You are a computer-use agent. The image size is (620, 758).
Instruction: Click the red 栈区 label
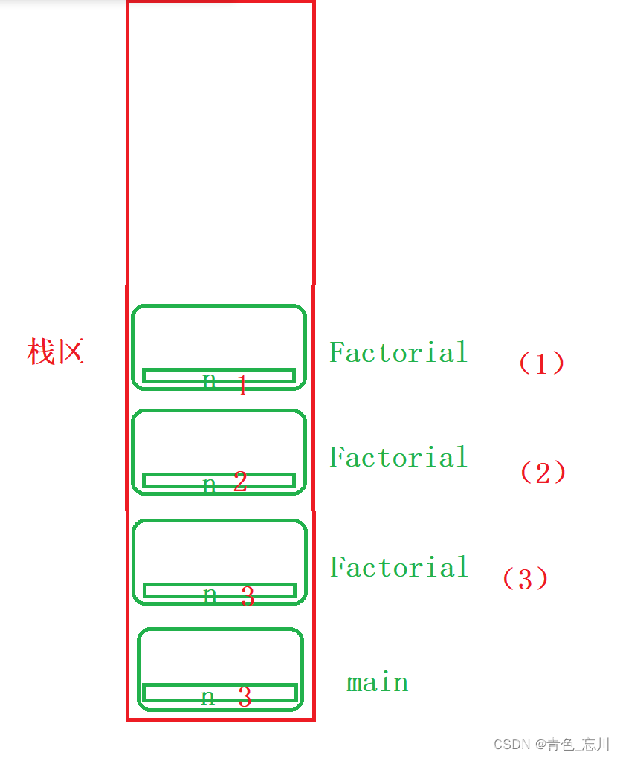point(56,352)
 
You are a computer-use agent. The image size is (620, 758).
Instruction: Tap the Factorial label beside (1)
point(398,352)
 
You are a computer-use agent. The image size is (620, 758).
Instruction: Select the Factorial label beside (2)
point(398,457)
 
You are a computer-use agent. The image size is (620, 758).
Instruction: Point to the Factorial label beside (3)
point(399,567)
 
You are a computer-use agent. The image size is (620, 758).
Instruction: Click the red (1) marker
point(541,363)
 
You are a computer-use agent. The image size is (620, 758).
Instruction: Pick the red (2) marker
point(543,473)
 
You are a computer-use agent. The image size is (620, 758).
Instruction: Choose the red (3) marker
point(526,579)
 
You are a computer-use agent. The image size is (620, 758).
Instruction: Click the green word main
point(378,682)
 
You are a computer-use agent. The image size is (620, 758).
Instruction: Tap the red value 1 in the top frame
point(242,386)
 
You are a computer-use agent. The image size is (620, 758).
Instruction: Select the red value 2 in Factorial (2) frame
point(239,482)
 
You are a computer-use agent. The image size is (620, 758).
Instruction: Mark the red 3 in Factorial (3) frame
point(248,596)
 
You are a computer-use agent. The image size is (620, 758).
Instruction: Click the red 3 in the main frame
point(245,697)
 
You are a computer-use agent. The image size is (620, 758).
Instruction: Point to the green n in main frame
point(209,697)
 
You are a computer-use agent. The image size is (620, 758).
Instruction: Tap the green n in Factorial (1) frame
point(210,380)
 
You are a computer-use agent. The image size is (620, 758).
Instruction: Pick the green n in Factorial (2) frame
point(210,485)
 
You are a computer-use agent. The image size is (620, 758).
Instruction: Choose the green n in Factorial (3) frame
point(210,595)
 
